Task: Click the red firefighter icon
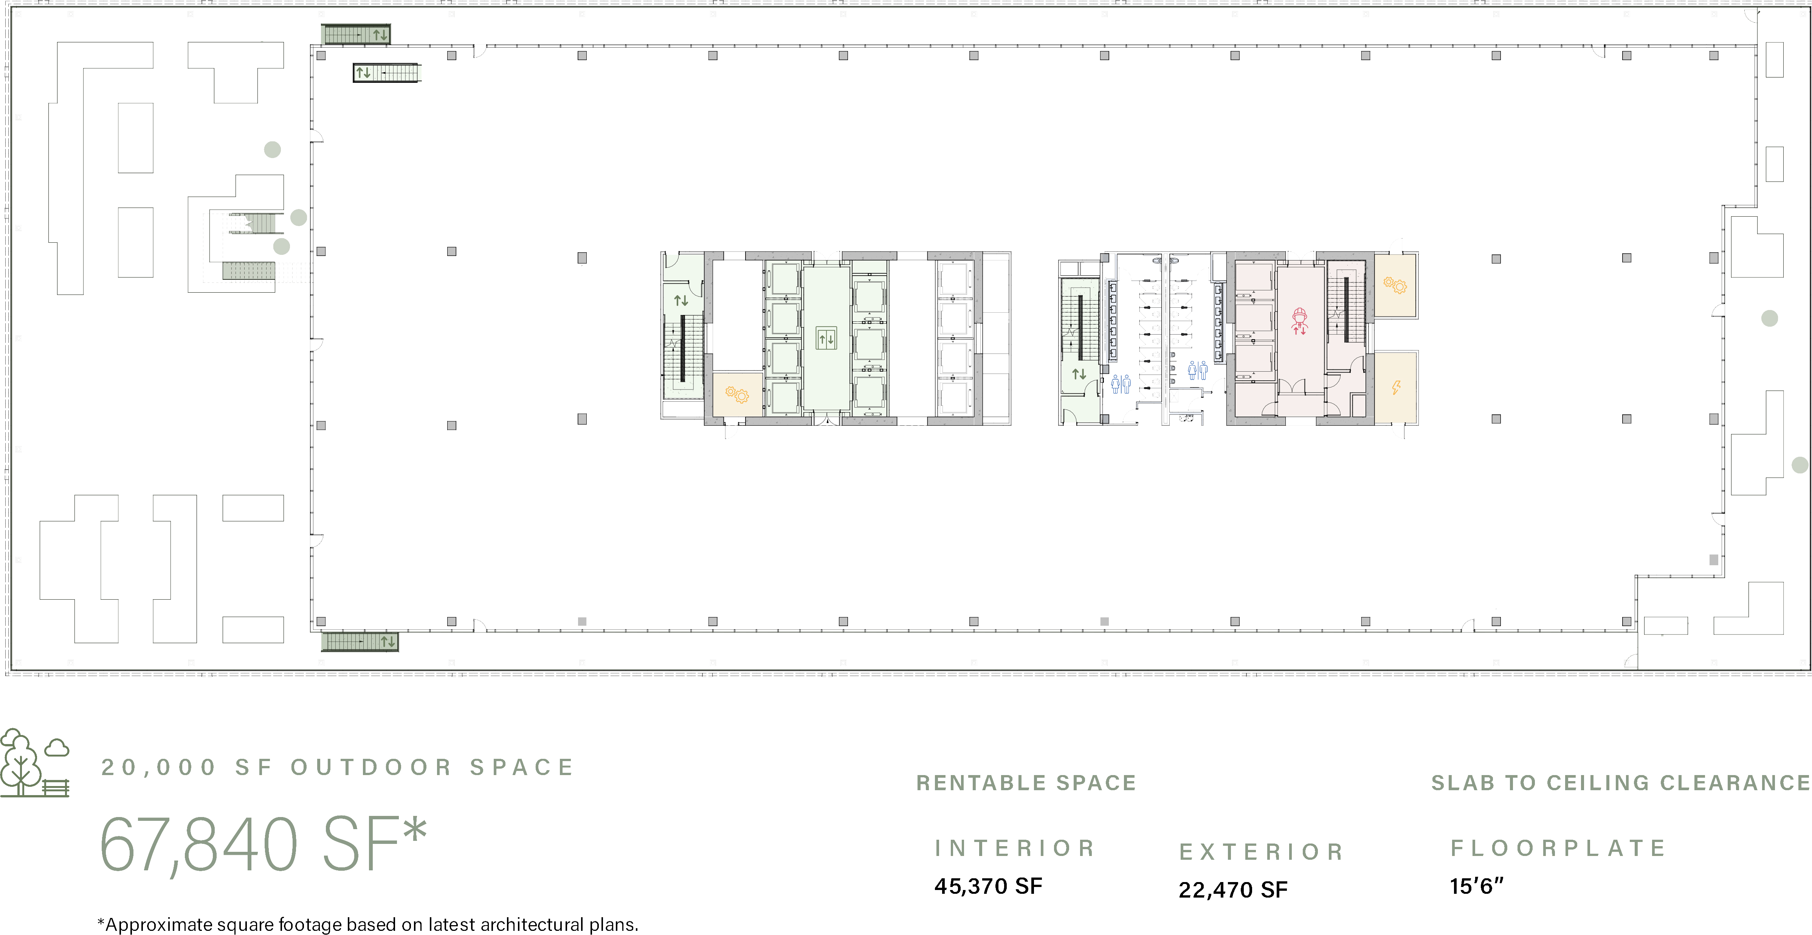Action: point(1299,321)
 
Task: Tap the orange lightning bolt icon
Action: point(1396,387)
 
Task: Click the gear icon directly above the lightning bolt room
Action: point(1395,285)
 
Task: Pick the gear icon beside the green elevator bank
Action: point(737,395)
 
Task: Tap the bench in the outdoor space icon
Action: point(56,787)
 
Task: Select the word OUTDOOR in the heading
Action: point(371,767)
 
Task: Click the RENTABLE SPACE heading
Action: point(1026,782)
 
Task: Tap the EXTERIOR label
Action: point(1261,852)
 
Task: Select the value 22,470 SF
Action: point(1233,890)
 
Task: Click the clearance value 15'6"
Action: point(1476,886)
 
